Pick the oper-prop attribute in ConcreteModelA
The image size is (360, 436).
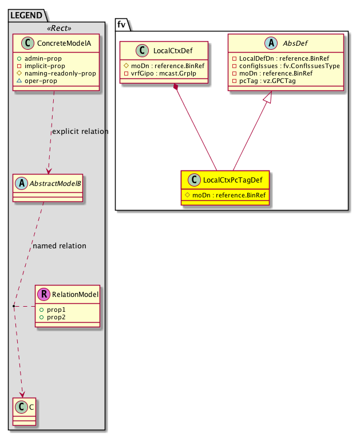click(43, 81)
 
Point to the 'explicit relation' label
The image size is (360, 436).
click(80, 132)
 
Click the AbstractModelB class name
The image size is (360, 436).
click(53, 184)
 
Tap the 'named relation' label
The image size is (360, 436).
click(60, 246)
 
